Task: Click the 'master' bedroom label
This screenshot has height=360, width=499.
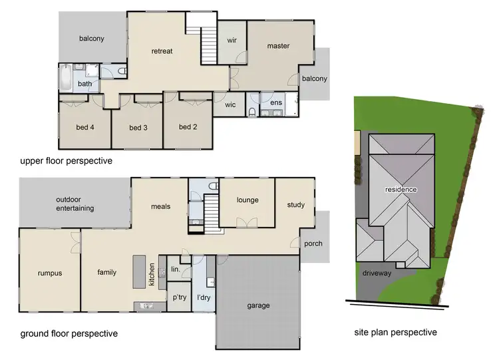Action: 278,46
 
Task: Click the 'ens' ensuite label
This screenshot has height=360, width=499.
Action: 275,103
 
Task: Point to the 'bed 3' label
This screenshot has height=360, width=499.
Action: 138,128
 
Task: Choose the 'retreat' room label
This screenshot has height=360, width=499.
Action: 162,51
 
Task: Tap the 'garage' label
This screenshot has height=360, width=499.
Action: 258,305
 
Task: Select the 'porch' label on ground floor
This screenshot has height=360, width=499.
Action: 313,244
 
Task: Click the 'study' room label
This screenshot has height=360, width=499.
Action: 295,205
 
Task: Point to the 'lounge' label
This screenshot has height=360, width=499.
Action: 247,200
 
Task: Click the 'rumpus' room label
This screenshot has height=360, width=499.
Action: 49,272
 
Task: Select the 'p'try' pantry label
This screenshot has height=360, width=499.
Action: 178,297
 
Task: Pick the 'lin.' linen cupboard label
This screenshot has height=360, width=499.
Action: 176,268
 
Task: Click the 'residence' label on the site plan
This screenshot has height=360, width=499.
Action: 401,190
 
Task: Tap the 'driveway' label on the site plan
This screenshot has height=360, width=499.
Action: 376,273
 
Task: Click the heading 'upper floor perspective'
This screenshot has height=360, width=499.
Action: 65,161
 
